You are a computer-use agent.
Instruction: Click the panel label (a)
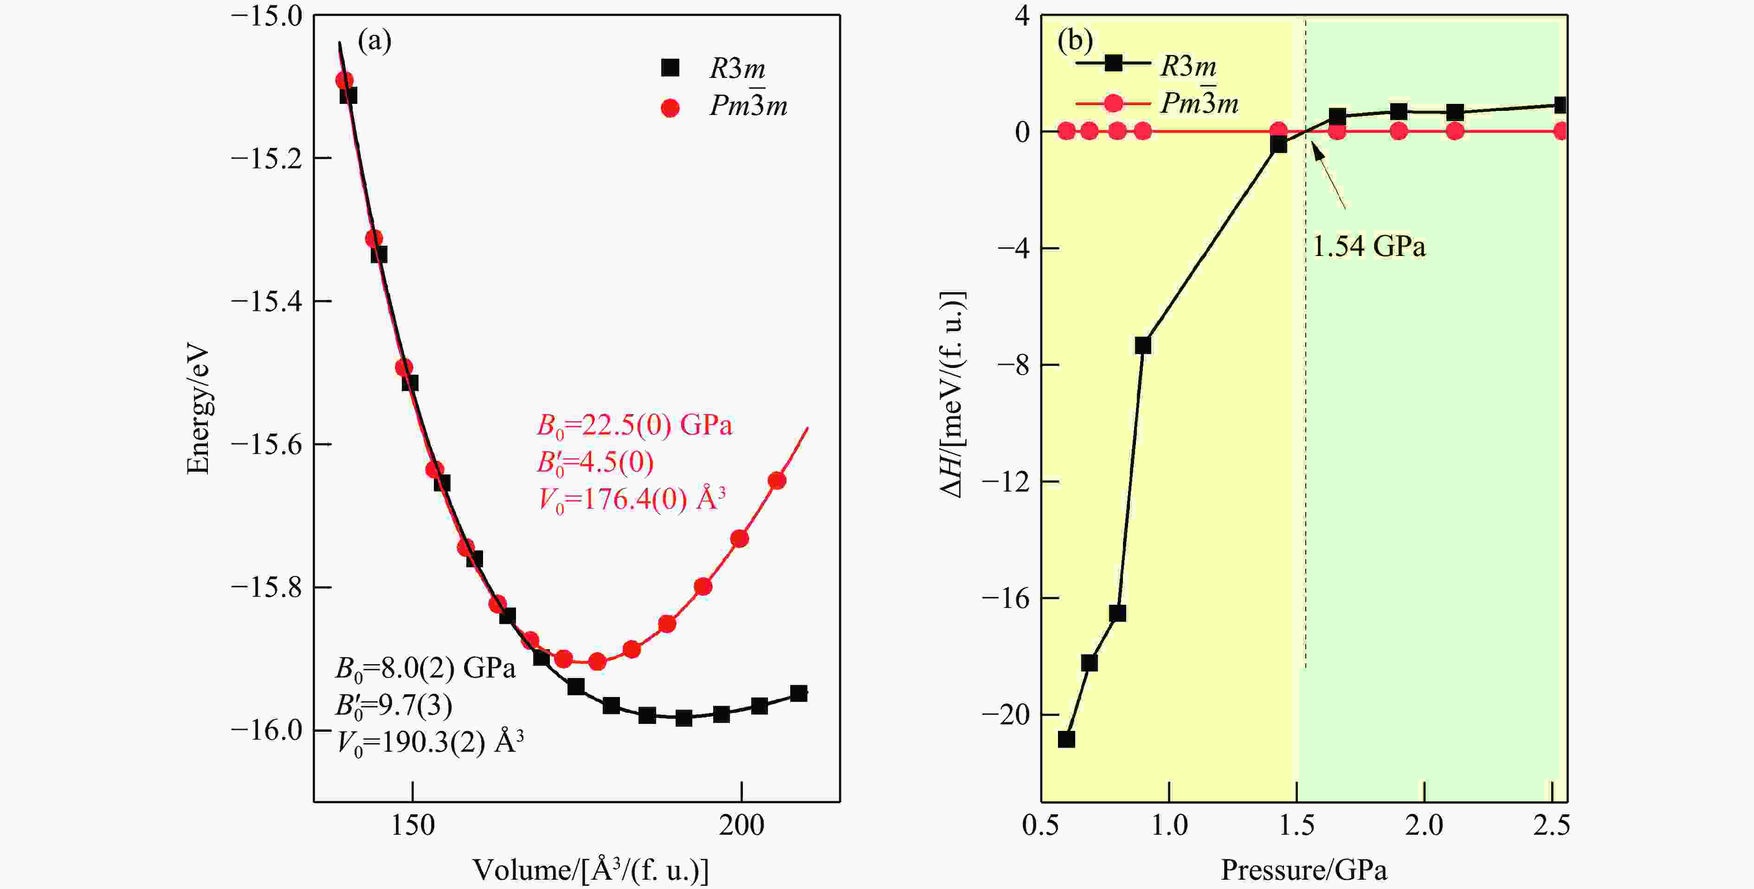pos(374,42)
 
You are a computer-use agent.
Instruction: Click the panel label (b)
pos(1075,41)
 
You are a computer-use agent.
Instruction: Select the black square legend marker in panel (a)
pos(671,67)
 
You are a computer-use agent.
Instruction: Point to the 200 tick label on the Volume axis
pos(742,825)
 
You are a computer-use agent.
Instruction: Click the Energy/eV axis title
pos(198,410)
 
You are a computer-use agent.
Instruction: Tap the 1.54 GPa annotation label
pos(1368,246)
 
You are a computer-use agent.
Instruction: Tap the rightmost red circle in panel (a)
pos(777,480)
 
